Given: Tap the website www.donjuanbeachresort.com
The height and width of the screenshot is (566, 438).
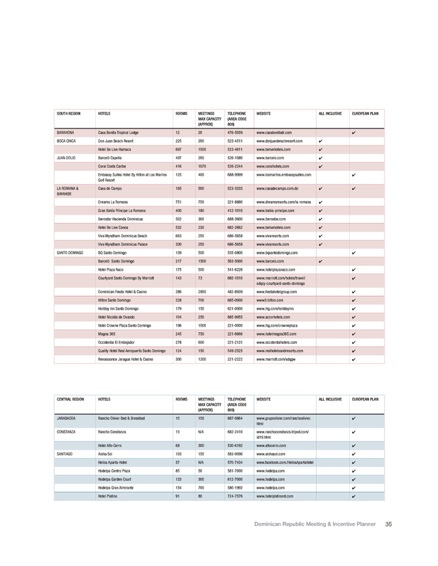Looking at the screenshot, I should click(x=282, y=140).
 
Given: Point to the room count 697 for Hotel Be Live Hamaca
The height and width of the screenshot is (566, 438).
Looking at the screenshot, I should click(x=179, y=149).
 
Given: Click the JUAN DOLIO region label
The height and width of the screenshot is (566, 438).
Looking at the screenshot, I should click(x=67, y=158).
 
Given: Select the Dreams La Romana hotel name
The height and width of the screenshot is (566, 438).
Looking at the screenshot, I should click(x=115, y=203).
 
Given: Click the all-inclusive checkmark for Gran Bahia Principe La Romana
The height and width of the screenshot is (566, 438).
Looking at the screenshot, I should click(x=321, y=212).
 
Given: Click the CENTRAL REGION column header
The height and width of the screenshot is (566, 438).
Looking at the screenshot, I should click(x=70, y=398).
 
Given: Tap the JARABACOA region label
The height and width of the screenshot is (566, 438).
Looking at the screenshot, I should click(x=68, y=418).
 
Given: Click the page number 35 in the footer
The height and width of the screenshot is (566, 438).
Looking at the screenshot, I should click(x=388, y=524).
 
